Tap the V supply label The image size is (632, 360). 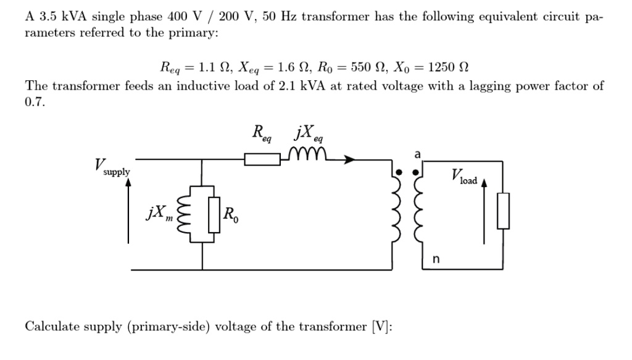click(112, 168)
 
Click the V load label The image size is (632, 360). click(464, 177)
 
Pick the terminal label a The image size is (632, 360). click(417, 153)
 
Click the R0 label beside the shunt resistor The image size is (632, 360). click(229, 215)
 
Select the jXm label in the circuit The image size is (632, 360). click(158, 214)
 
